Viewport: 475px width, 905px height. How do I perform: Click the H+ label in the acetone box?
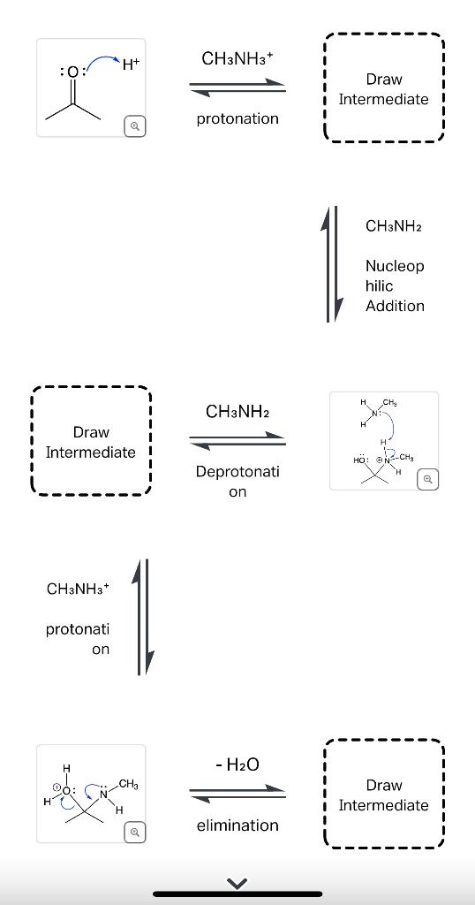(130, 64)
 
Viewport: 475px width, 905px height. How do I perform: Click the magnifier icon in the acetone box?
(133, 126)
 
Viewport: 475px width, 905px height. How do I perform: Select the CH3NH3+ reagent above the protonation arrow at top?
(237, 58)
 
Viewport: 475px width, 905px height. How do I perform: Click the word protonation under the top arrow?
(237, 118)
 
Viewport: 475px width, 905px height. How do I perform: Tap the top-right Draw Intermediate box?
(383, 88)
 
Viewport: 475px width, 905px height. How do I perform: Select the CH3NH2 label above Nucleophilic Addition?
(393, 226)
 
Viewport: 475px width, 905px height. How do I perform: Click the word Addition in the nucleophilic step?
(395, 306)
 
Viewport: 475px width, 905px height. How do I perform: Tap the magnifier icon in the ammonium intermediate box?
(427, 479)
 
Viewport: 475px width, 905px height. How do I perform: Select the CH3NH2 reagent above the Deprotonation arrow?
(237, 412)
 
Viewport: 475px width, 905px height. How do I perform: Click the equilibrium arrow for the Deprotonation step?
(237, 439)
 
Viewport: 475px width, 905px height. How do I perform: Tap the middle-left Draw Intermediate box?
(91, 442)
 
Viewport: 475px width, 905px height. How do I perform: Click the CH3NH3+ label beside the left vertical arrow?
(78, 589)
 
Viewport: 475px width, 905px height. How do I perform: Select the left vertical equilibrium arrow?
(143, 617)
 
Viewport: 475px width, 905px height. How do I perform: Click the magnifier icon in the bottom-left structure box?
(133, 832)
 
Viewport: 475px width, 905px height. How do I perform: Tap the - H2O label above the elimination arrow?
(237, 764)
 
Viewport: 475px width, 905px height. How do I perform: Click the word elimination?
(237, 825)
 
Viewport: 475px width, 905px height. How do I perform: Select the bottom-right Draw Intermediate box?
(383, 795)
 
